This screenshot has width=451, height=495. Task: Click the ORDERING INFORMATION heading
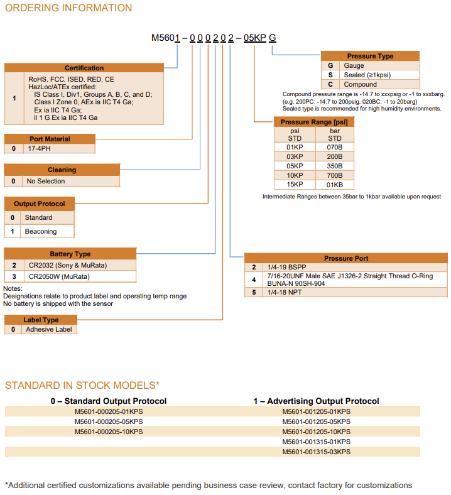tap(68, 8)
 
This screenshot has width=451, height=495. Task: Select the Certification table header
tap(84, 68)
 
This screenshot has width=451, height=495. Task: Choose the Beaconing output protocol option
tap(41, 231)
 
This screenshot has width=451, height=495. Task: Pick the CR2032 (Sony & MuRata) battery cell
tap(68, 266)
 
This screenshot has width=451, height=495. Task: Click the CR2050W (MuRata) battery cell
tap(59, 276)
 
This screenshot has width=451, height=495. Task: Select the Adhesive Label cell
tap(49, 329)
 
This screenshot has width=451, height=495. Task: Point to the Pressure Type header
tap(370, 56)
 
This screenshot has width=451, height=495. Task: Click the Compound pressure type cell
tap(360, 84)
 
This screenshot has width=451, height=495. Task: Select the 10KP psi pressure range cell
tap(295, 175)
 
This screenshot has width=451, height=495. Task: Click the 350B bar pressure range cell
tap(335, 166)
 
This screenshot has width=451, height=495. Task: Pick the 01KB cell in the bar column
tap(335, 185)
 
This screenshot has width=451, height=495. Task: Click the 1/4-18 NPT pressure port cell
tap(286, 292)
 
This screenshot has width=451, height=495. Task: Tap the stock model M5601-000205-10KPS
tap(109, 432)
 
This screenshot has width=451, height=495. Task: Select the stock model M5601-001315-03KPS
tap(316, 452)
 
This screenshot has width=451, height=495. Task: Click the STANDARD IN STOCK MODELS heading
tap(82, 385)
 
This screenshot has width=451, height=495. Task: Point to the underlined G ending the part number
tap(273, 38)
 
